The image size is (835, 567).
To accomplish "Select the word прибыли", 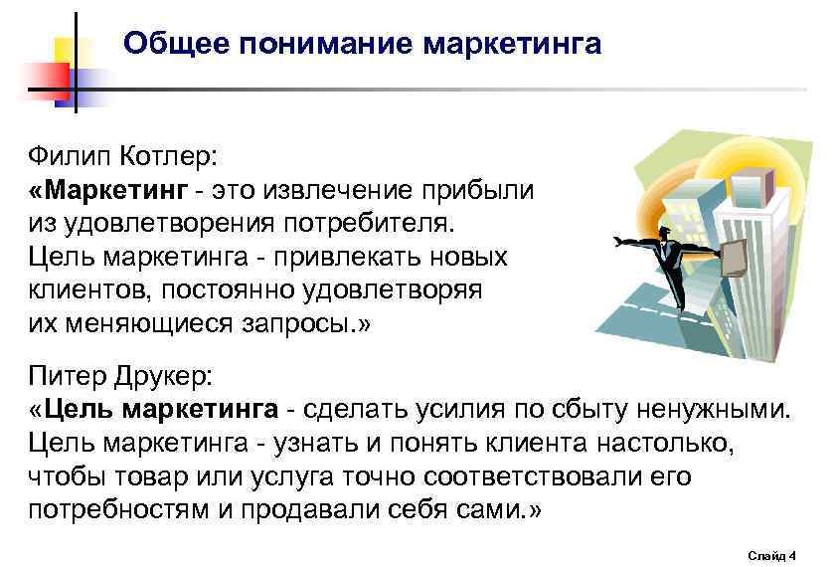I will point(486,189).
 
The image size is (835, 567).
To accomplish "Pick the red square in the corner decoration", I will point(40,82).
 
